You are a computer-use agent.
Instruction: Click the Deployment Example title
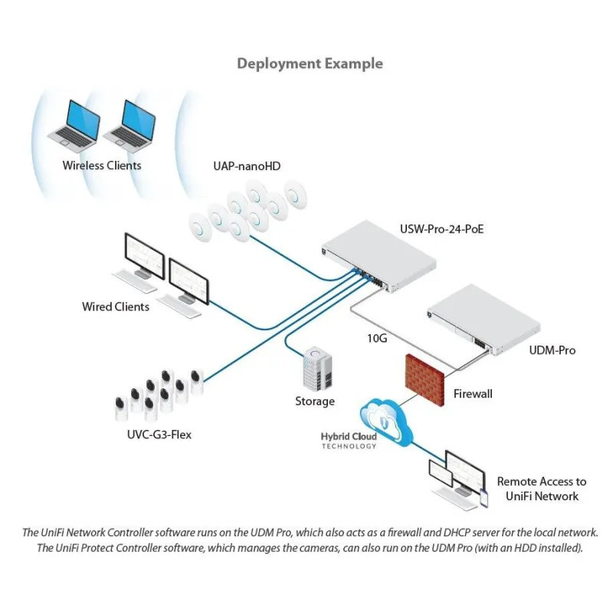[310, 64]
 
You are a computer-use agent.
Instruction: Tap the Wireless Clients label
[102, 165]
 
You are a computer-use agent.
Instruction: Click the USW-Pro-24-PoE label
[442, 228]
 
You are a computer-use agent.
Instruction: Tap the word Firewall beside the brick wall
[472, 394]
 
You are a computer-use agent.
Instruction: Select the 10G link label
[375, 337]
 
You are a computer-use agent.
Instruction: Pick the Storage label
[315, 402]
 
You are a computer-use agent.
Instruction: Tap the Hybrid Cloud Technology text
[349, 441]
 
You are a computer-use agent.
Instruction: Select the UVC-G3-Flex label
[160, 435]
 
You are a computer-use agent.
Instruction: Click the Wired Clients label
[116, 306]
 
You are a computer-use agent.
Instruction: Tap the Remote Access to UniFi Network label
[541, 489]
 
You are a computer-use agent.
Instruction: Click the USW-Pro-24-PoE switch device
[381, 257]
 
